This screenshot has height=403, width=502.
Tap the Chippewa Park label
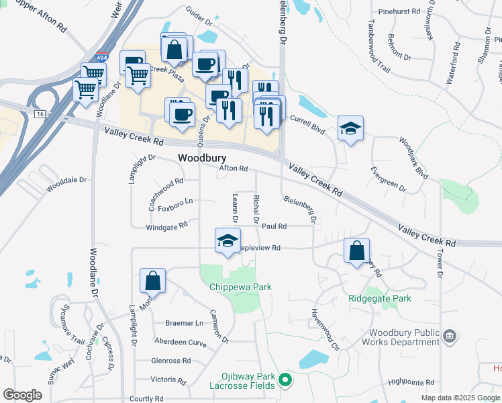point(240,287)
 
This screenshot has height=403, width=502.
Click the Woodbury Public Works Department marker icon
point(450,335)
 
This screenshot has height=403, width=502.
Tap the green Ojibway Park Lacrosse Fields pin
point(285,381)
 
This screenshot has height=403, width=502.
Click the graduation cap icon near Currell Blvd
point(350,128)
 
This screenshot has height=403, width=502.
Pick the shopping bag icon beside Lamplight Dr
point(153,281)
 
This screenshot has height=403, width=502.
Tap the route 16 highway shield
point(40,116)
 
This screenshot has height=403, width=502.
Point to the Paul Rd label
point(274,227)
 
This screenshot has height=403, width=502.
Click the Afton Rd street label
point(234,169)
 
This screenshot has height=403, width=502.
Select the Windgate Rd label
point(166,228)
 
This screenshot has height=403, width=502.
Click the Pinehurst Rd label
point(399,12)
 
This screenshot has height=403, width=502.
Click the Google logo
point(22,395)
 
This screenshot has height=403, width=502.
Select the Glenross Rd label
point(171,361)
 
